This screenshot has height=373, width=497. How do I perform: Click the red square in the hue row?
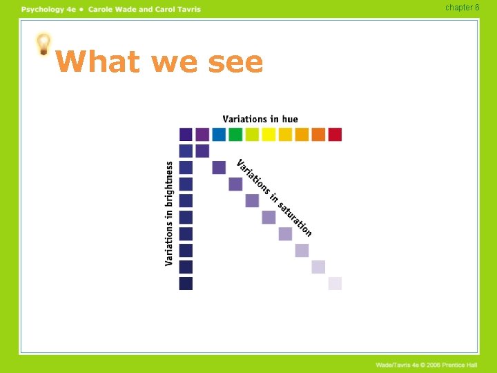click(335, 134)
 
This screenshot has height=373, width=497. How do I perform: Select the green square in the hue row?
click(235, 134)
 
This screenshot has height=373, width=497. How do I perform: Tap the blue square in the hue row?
click(219, 134)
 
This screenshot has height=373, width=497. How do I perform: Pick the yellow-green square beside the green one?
click(252, 134)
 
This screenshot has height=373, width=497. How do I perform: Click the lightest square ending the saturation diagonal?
click(335, 283)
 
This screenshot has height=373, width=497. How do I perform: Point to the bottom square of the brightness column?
click(186, 283)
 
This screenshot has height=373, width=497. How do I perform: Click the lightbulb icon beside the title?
click(43, 45)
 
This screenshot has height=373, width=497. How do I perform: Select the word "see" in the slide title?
click(235, 62)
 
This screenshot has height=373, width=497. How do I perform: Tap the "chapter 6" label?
click(462, 8)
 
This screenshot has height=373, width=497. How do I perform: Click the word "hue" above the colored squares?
click(290, 119)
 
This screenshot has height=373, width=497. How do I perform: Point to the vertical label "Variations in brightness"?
click(169, 213)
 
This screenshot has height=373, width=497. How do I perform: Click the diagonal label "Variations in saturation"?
click(274, 198)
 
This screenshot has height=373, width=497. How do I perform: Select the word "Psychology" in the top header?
click(43, 9)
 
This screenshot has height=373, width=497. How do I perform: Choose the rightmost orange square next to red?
click(318, 134)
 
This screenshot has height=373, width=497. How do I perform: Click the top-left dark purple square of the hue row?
click(186, 134)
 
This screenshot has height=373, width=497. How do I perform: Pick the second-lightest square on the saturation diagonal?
click(318, 267)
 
